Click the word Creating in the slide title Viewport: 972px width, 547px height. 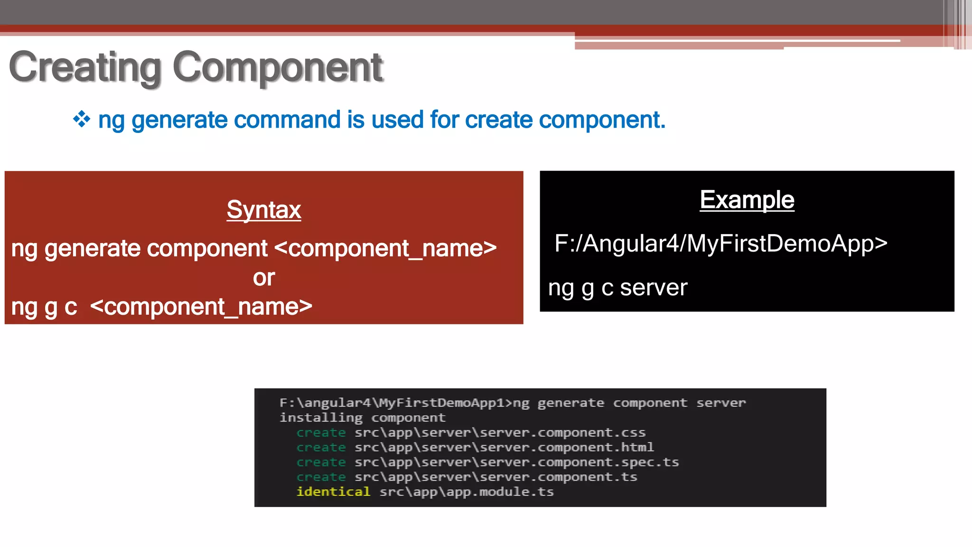tap(85, 68)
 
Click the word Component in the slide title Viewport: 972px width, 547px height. tap(278, 68)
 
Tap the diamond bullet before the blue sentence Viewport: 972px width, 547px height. tap(82, 119)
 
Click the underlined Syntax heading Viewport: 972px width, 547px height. tap(264, 210)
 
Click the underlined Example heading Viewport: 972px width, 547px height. tap(747, 200)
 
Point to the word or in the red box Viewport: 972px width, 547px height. tap(264, 278)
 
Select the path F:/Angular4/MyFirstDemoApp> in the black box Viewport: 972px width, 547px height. tap(720, 244)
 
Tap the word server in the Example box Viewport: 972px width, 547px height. tap(654, 288)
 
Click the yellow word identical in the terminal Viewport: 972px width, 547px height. tap(333, 492)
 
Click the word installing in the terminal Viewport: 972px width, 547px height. tap(321, 418)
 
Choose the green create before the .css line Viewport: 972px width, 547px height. tap(321, 433)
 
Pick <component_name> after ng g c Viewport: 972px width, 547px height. tap(201, 307)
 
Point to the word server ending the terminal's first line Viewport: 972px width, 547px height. tap(721, 403)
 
